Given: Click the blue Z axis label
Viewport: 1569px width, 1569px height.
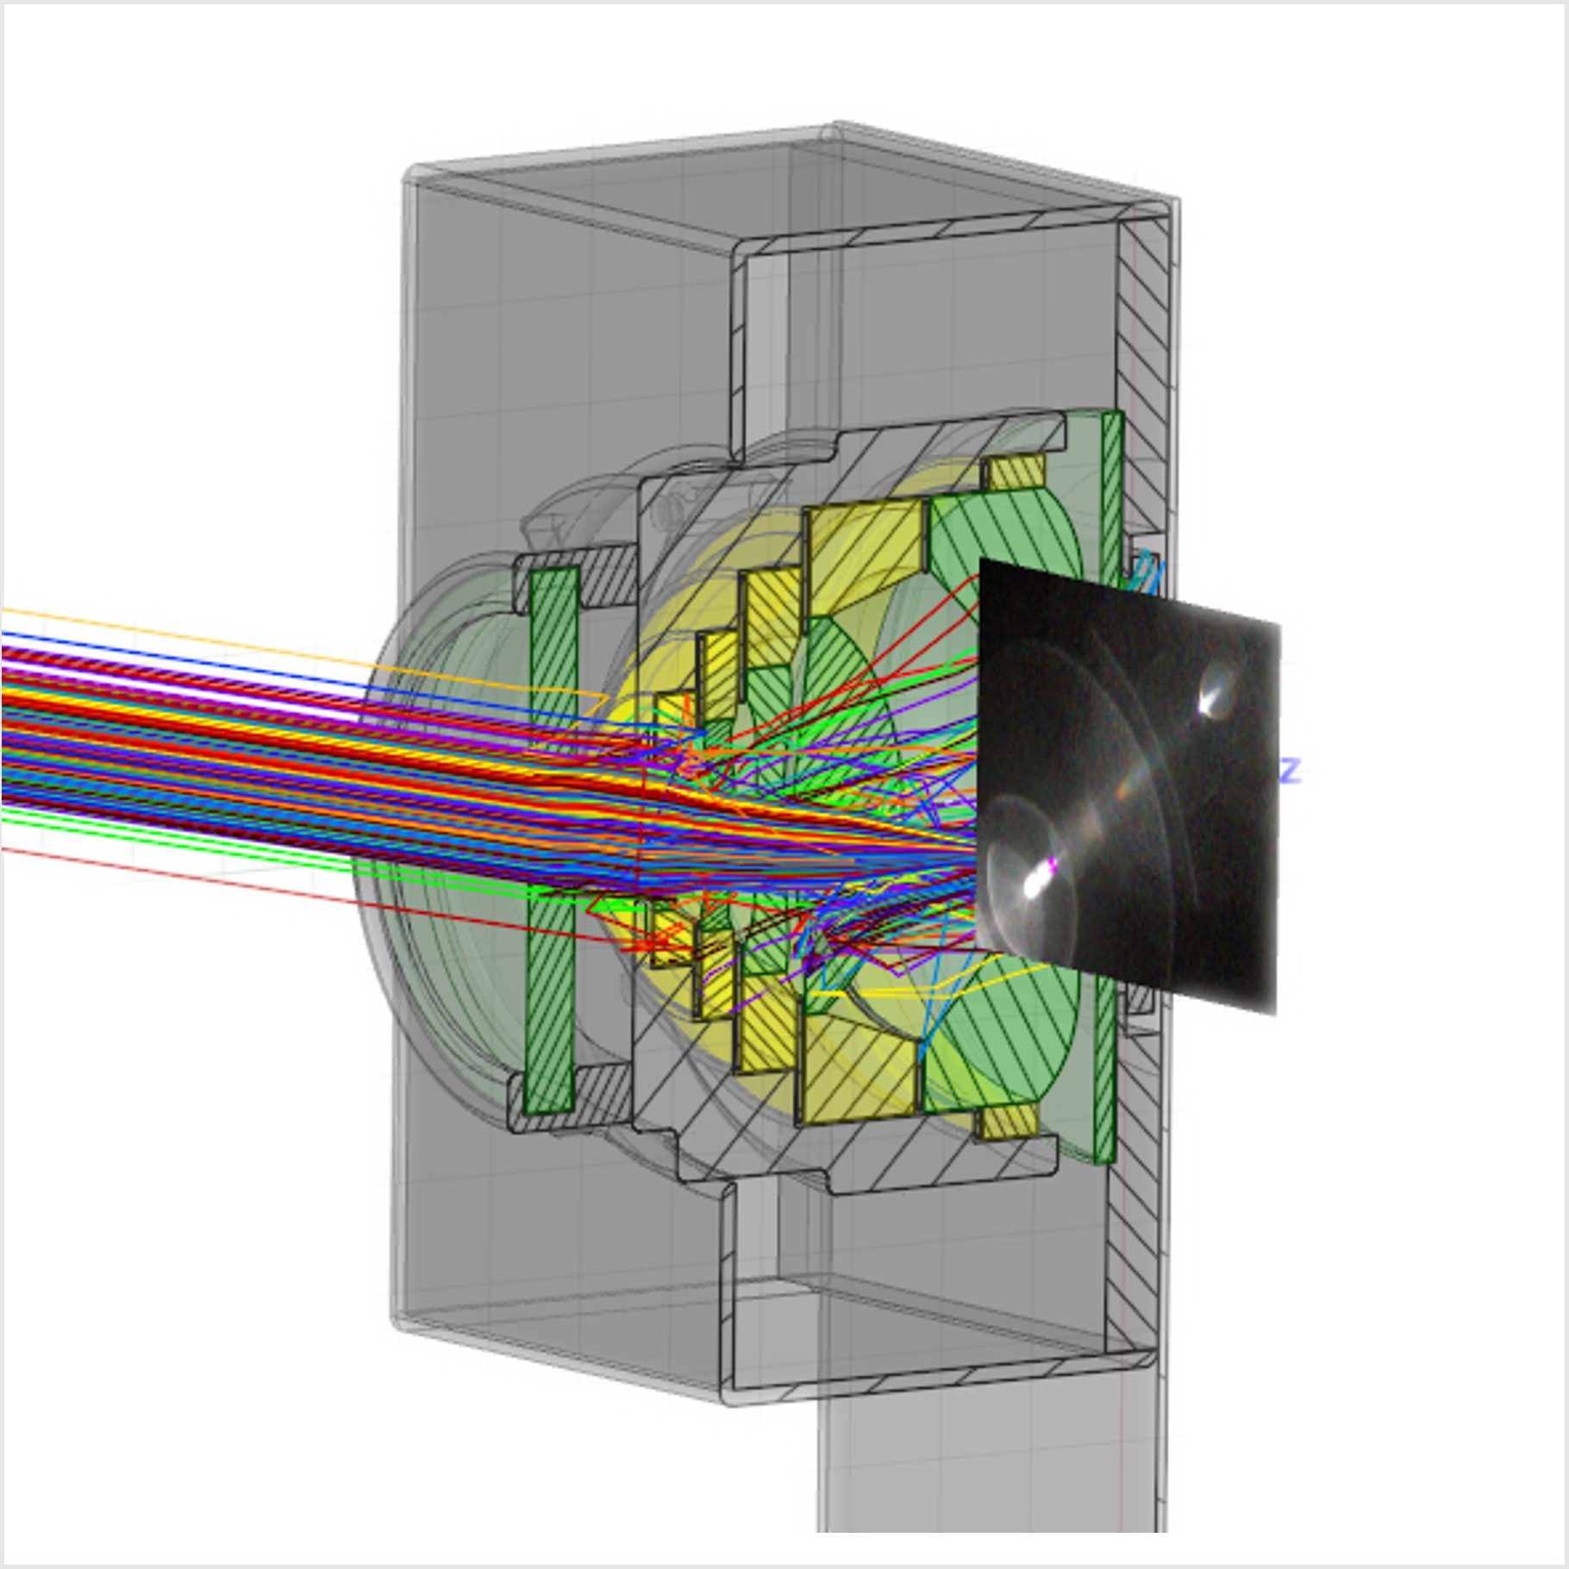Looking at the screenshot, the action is pyautogui.click(x=1290, y=770).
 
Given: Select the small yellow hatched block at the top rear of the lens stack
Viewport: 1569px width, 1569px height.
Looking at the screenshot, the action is pyautogui.click(x=1016, y=472).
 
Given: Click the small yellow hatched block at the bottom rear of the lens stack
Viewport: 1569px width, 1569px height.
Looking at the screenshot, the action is pyautogui.click(x=1009, y=1121).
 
